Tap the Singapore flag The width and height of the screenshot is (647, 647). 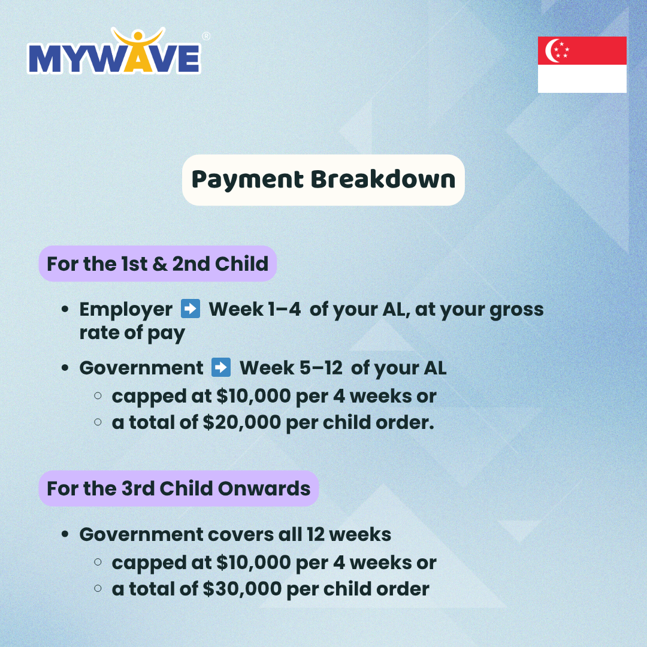(x=582, y=64)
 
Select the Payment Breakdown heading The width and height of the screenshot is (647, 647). (x=323, y=180)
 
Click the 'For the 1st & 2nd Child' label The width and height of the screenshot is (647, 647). (x=158, y=264)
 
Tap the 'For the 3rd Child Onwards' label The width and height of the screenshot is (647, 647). (x=179, y=489)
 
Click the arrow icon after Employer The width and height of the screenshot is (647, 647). (x=191, y=309)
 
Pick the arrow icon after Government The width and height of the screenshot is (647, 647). (x=220, y=367)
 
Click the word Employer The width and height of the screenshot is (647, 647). (x=126, y=310)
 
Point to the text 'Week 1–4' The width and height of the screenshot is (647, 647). (x=255, y=309)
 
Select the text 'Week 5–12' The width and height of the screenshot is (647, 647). (x=291, y=368)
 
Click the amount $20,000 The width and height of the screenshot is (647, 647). (x=242, y=422)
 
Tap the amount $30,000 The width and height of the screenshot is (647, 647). (x=242, y=589)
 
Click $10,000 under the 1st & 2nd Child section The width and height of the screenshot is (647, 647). (x=254, y=396)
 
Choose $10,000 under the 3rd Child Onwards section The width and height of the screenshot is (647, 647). (x=254, y=563)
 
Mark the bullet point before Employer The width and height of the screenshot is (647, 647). (x=65, y=309)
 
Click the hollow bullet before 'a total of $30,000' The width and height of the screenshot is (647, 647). (x=98, y=588)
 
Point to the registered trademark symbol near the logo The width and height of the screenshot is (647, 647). (x=206, y=37)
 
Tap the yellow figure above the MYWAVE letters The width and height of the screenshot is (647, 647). (x=138, y=46)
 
